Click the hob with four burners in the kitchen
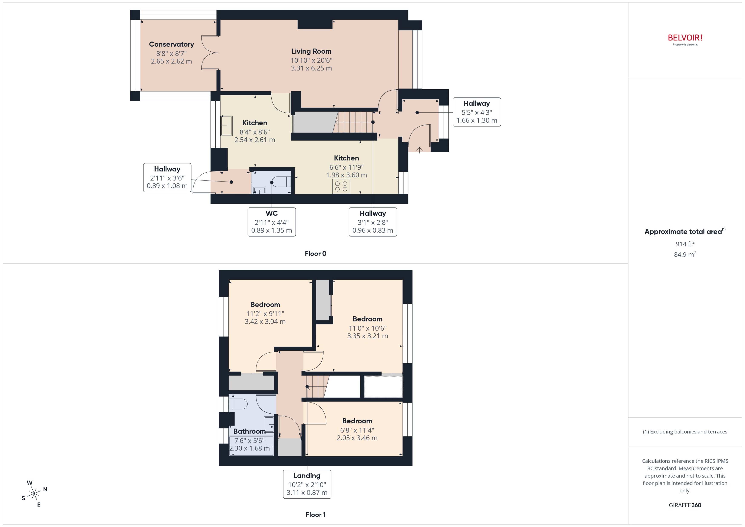(341, 186)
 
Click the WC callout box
(271, 222)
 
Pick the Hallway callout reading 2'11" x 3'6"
(167, 177)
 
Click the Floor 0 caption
(315, 254)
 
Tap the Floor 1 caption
(315, 515)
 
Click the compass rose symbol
(34, 494)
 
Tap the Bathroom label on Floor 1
(249, 431)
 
